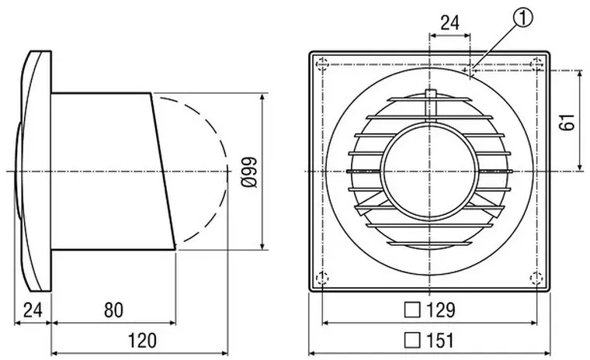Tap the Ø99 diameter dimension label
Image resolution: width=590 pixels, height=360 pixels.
pyautogui.click(x=249, y=172)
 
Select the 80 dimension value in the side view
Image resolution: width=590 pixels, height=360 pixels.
pyautogui.click(x=113, y=310)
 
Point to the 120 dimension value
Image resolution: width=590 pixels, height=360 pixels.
pyautogui.click(x=142, y=341)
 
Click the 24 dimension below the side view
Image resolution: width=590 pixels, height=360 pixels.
pyautogui.click(x=33, y=310)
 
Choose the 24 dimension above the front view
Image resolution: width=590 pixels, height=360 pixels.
pyautogui.click(x=450, y=23)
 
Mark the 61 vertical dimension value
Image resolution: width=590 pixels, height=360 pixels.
pyautogui.click(x=567, y=122)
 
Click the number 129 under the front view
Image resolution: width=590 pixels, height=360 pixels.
pyautogui.click(x=441, y=310)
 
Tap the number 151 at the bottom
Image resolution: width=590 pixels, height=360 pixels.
pyautogui.click(x=441, y=341)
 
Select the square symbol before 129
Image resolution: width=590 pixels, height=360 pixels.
pyautogui.click(x=412, y=310)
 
